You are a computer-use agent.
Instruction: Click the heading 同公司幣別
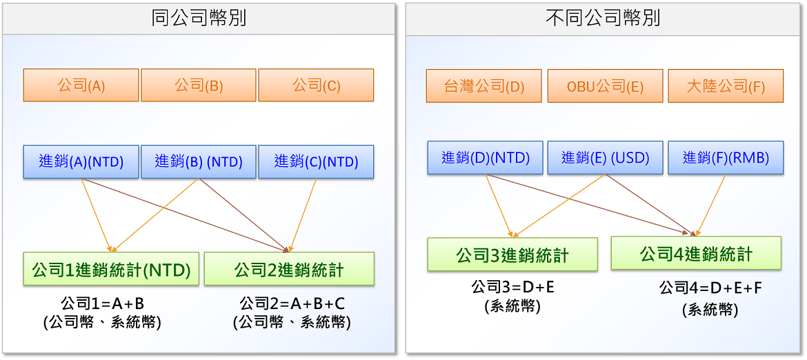pyautogui.click(x=199, y=19)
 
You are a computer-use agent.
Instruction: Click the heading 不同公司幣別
pyautogui.click(x=604, y=19)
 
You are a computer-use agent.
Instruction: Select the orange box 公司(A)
pyautogui.click(x=81, y=86)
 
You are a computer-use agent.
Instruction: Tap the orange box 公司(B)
pyautogui.click(x=199, y=86)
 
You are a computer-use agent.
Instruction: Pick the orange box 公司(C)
pyautogui.click(x=316, y=86)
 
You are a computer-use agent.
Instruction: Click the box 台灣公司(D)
pyautogui.click(x=484, y=86)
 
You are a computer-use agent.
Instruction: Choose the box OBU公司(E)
pyautogui.click(x=606, y=86)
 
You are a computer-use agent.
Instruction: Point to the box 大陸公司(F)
pyautogui.click(x=726, y=86)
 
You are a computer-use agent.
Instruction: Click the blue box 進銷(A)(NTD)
pyautogui.click(x=81, y=162)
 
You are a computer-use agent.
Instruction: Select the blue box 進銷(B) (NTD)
pyautogui.click(x=199, y=162)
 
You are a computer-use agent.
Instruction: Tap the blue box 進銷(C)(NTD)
pyautogui.click(x=316, y=162)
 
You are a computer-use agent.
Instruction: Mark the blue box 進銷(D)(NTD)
pyautogui.click(x=486, y=157)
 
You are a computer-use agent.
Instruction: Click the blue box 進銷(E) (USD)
pyautogui.click(x=606, y=157)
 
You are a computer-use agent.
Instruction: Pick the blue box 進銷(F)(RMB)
pyautogui.click(x=726, y=157)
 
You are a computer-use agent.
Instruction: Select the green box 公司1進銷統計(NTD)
pyautogui.click(x=111, y=268)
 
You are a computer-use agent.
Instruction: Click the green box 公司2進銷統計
pyautogui.click(x=289, y=268)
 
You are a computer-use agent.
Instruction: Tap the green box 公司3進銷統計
pyautogui.click(x=512, y=254)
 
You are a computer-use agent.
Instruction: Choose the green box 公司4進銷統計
pyautogui.click(x=697, y=253)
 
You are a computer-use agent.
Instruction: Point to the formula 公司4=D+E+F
pyautogui.click(x=710, y=288)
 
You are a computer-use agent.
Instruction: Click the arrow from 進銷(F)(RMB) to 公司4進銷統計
pyautogui.click(x=711, y=205)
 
